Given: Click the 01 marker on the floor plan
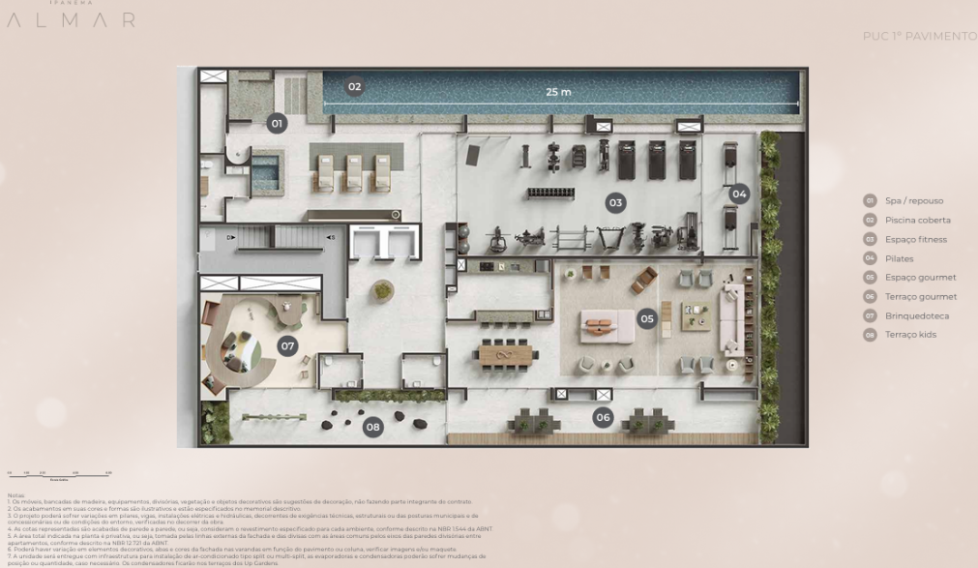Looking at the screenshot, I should [x=277, y=124].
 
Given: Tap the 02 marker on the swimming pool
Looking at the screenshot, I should [x=355, y=87].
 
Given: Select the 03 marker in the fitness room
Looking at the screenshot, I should [x=615, y=203].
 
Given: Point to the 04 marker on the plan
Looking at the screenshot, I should [x=739, y=194].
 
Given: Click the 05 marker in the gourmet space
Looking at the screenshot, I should [x=647, y=318].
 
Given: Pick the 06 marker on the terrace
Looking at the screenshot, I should [x=604, y=418].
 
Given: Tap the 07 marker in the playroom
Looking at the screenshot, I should [x=287, y=345].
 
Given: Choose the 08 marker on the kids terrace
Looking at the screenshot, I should [x=372, y=427].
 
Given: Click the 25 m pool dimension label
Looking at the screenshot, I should [x=558, y=92].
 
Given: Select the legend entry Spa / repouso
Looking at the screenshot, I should [x=913, y=201].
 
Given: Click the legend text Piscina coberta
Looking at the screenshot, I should [x=917, y=221].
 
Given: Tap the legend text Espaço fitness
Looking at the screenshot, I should [x=915, y=240].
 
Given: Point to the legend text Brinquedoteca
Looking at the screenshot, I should [x=916, y=316].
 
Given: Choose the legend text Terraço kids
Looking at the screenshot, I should [x=910, y=335].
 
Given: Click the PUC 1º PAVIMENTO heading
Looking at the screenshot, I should [x=919, y=37].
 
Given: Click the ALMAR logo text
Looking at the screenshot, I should [x=71, y=20].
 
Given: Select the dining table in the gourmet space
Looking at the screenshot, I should [x=507, y=354].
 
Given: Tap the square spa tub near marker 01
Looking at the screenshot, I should [x=264, y=176].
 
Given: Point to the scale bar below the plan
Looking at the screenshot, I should [x=59, y=475].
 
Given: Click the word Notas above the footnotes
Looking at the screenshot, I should [x=15, y=495].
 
